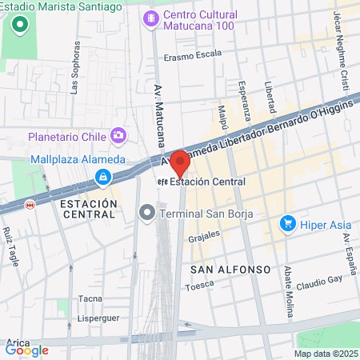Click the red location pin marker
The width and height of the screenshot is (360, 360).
point(181,162)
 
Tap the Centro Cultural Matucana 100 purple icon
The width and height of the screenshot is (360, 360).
point(150,18)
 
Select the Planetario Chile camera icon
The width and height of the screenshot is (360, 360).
point(119,135)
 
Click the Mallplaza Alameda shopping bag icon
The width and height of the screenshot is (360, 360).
point(102,176)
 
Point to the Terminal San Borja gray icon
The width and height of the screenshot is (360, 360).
point(146,213)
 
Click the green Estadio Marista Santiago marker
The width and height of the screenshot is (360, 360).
point(18,24)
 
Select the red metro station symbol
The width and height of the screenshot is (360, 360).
point(30,205)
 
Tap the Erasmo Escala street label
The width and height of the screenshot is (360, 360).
point(192,56)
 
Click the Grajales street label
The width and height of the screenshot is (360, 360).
point(203,238)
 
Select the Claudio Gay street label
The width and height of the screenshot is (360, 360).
point(319,282)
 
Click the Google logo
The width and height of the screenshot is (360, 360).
point(27,350)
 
